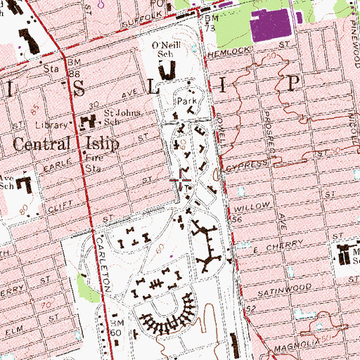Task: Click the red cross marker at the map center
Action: [181, 181]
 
